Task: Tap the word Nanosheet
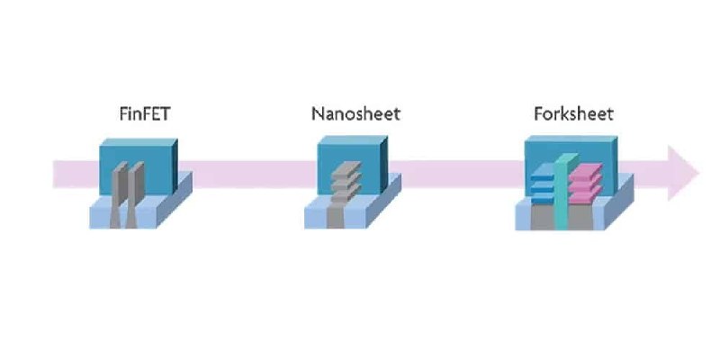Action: [355, 114]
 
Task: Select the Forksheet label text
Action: [574, 114]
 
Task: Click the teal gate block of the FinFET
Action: [135, 153]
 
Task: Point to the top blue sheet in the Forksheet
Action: [541, 172]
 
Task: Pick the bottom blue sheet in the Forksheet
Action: [541, 193]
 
